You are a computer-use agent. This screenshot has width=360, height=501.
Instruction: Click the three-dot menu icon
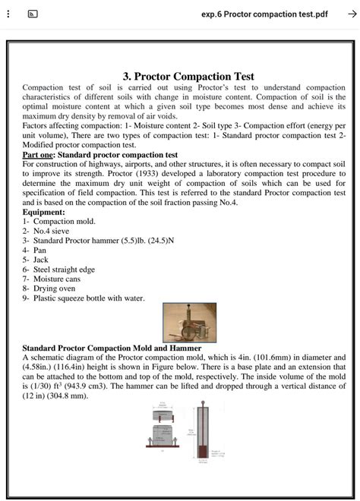click(8, 14)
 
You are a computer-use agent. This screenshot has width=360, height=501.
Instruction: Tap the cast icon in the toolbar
click(33, 14)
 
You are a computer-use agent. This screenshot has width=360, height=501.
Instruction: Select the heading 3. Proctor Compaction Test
click(188, 76)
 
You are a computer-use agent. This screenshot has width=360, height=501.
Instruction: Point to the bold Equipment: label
click(44, 212)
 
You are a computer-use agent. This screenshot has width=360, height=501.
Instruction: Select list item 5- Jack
click(37, 260)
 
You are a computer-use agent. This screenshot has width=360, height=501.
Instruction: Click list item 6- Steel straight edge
click(58, 269)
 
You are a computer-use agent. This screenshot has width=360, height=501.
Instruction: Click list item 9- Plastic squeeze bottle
click(84, 298)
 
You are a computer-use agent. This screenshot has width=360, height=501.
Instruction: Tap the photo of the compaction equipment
click(189, 323)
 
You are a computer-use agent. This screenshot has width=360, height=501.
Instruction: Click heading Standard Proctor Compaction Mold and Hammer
click(112, 348)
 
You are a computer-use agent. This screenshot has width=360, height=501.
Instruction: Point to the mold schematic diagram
click(164, 432)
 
